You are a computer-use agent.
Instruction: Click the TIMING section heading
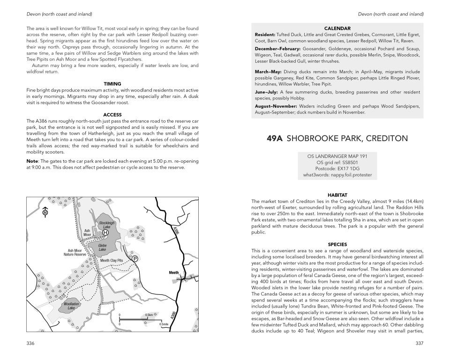pos(112,84)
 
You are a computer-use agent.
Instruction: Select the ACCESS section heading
pos(112,115)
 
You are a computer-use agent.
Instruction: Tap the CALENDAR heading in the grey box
pos(337,28)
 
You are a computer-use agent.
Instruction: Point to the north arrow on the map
pos(45,211)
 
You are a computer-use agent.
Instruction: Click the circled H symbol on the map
pos(105,232)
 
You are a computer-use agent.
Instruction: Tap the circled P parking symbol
pos(135,258)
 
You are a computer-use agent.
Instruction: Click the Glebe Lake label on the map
pos(103,247)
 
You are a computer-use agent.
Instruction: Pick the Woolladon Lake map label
pos(71,306)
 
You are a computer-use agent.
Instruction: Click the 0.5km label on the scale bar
pos(149,315)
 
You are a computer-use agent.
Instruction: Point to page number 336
pos(31,343)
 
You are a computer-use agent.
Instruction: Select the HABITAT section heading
pos(337,195)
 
